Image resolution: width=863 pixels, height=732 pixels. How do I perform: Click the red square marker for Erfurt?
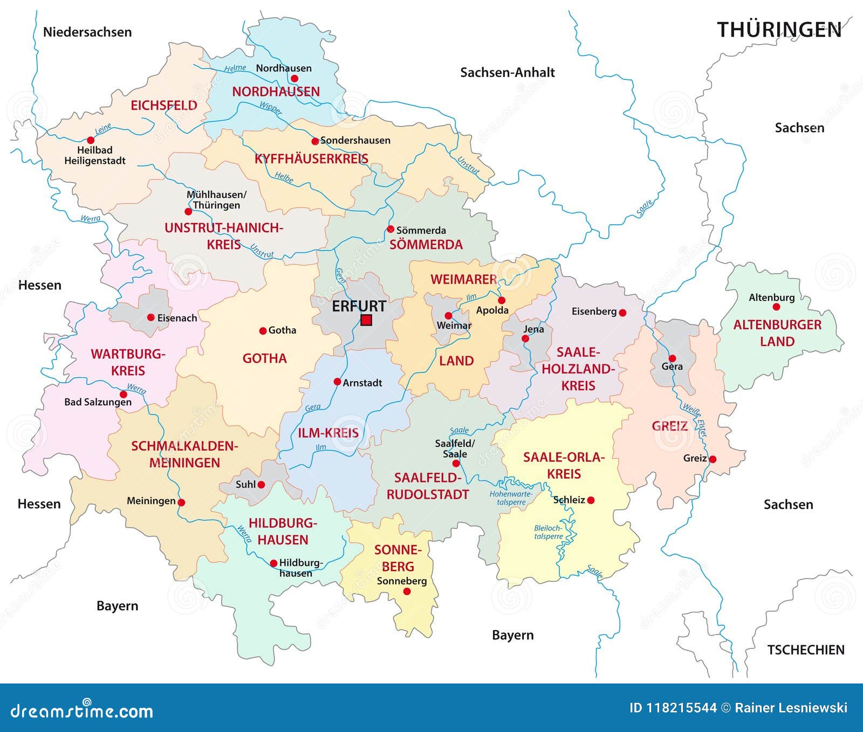(x=366, y=320)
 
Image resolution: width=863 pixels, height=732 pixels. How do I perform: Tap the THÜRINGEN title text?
(x=779, y=30)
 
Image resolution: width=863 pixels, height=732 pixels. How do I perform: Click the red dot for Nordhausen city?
(x=294, y=78)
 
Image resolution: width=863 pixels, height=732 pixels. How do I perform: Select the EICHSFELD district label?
(x=164, y=106)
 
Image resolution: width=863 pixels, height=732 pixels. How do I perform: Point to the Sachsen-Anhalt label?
(x=507, y=73)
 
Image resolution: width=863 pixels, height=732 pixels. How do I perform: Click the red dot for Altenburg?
(x=776, y=307)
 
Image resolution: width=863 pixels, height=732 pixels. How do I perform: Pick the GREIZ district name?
(x=669, y=426)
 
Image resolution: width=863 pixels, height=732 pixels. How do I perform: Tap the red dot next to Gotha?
(x=263, y=330)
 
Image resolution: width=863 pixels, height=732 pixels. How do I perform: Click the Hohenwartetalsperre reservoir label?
(x=511, y=498)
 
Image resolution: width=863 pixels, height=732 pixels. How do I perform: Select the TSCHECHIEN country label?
(x=805, y=650)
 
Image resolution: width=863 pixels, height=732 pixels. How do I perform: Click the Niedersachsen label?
(x=87, y=32)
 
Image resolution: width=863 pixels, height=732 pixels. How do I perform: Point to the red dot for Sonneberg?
(x=407, y=591)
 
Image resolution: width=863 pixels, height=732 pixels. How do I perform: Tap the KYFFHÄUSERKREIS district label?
(x=311, y=159)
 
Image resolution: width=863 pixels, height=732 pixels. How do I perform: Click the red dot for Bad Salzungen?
(x=124, y=395)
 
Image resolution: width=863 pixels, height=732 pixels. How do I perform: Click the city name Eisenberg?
(x=594, y=312)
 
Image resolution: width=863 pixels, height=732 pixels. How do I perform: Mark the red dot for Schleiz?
(x=591, y=500)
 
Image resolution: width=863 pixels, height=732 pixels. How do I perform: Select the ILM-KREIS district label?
(x=328, y=433)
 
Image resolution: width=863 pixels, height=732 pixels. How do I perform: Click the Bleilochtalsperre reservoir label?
(x=549, y=532)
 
